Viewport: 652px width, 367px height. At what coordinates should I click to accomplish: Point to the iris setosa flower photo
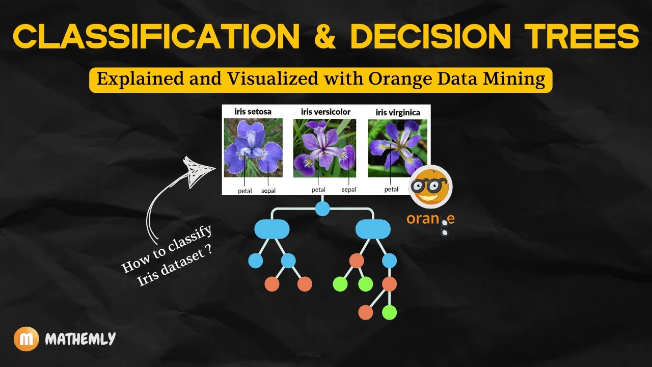point(253,148)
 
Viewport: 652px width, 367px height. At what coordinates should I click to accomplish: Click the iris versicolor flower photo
point(324,148)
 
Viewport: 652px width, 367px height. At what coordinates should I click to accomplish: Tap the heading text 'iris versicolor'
point(325,112)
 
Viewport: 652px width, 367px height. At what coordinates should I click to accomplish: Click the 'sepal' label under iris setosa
point(268,191)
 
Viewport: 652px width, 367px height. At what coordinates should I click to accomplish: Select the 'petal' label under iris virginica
point(391,189)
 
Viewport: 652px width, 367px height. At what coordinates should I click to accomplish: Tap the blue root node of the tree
point(322,208)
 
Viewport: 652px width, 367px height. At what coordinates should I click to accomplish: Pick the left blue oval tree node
point(271,229)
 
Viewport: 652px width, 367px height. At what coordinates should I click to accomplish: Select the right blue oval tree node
point(373,229)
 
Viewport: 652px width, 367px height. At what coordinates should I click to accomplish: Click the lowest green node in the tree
point(389,312)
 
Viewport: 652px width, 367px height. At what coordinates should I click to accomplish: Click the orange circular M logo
point(26,338)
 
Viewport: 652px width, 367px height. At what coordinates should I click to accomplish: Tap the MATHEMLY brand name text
point(80,338)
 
